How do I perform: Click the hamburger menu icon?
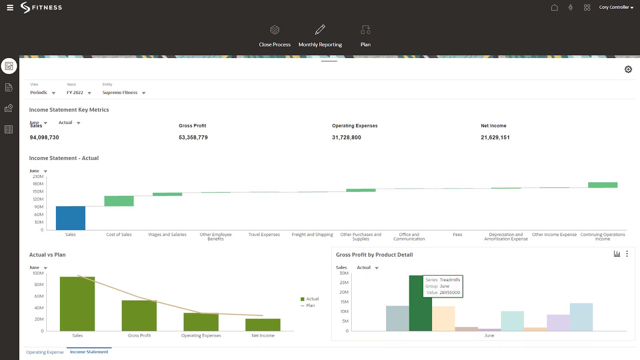pyautogui.click(x=10, y=8)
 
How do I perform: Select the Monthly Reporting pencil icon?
pyautogui.click(x=320, y=30)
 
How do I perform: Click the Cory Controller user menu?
pyautogui.click(x=616, y=7)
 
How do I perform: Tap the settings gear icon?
pyautogui.click(x=628, y=69)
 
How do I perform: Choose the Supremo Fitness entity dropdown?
pyautogui.click(x=124, y=92)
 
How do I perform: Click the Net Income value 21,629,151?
pyautogui.click(x=495, y=137)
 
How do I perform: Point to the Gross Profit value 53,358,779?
pyautogui.click(x=193, y=137)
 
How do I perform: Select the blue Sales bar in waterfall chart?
pyautogui.click(x=70, y=218)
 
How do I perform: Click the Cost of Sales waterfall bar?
pyautogui.click(x=119, y=201)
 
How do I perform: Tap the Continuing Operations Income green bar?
pyautogui.click(x=602, y=185)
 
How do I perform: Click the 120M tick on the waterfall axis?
pyautogui.click(x=38, y=199)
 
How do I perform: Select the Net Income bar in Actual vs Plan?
pyautogui.click(x=263, y=324)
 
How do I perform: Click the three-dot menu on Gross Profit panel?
pyautogui.click(x=627, y=254)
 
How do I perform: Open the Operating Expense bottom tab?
pyautogui.click(x=45, y=352)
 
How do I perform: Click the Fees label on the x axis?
pyautogui.click(x=457, y=235)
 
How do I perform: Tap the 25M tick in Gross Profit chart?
pyautogui.click(x=344, y=283)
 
